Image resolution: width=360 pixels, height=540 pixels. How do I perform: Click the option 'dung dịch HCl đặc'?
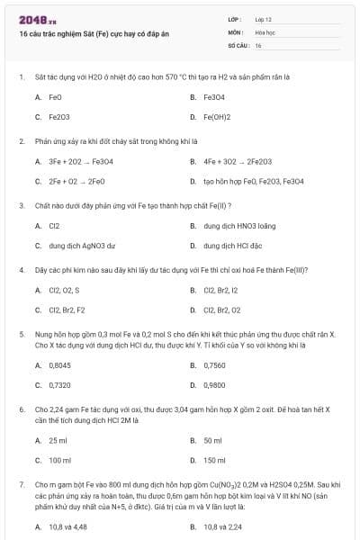click(x=233, y=246)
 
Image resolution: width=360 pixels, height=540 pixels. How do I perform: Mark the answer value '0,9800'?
click(x=214, y=385)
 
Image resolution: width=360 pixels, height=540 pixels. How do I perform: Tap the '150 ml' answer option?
click(x=214, y=460)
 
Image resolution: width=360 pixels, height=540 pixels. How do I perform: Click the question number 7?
click(x=21, y=483)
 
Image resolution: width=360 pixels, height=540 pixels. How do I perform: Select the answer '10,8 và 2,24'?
click(x=220, y=526)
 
